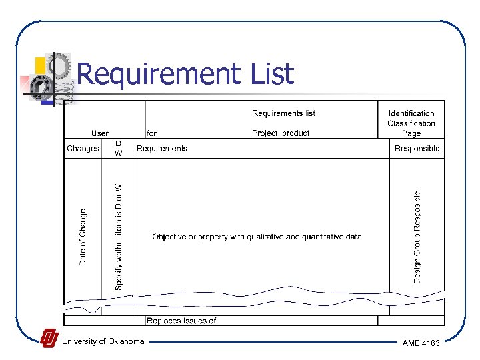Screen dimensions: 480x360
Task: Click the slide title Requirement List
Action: click(x=185, y=74)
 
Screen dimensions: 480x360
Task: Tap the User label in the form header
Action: click(x=100, y=133)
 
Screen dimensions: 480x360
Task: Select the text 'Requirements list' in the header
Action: click(x=283, y=113)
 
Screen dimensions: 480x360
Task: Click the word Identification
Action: click(x=411, y=113)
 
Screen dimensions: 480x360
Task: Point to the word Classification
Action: click(x=411, y=123)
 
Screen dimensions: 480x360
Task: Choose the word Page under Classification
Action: click(x=411, y=133)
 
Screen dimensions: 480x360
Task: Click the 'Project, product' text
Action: click(x=281, y=133)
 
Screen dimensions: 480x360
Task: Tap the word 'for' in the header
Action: click(x=152, y=133)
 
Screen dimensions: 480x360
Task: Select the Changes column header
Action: click(x=83, y=149)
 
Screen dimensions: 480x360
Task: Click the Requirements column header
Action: click(x=162, y=149)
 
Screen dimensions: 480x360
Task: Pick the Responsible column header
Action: click(x=417, y=149)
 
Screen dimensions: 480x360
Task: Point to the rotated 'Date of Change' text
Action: click(x=83, y=237)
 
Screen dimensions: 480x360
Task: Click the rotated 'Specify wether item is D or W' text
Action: click(x=119, y=236)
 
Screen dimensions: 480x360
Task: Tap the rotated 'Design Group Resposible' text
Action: click(x=417, y=237)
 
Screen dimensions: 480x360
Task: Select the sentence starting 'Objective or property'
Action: click(x=257, y=237)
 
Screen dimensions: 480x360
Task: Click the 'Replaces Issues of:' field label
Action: click(x=182, y=321)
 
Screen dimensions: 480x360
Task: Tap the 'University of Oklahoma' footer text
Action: click(x=103, y=341)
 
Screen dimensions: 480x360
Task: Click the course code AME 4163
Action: click(x=421, y=343)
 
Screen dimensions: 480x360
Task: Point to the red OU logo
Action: click(x=49, y=339)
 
